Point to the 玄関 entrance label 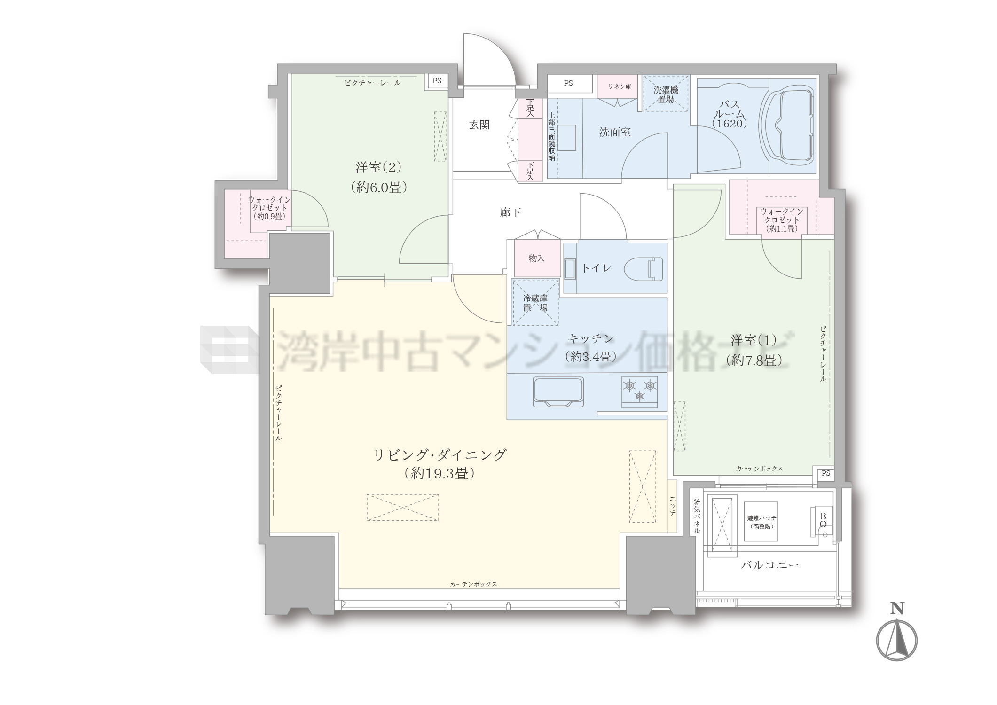click(x=479, y=125)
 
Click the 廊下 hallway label click(x=510, y=212)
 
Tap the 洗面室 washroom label click(x=615, y=132)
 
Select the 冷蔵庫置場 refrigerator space click(x=535, y=302)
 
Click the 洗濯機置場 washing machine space click(x=666, y=94)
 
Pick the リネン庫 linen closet click(x=619, y=86)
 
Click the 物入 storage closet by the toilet click(x=537, y=258)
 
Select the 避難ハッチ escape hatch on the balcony click(x=761, y=522)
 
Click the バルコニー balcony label click(x=770, y=565)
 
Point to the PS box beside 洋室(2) click(x=437, y=81)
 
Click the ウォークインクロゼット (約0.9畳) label click(x=269, y=208)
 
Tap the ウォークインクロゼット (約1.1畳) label click(x=782, y=220)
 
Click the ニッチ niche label click(x=673, y=507)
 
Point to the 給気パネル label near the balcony click(x=697, y=516)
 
